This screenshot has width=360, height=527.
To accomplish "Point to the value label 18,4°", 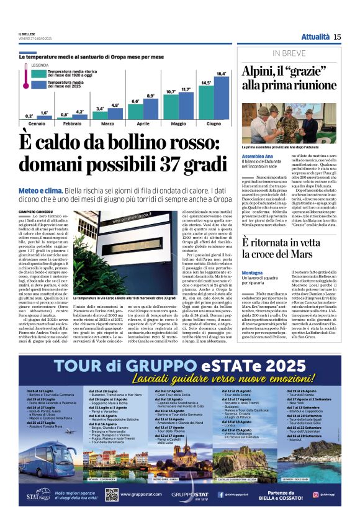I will point(220,74).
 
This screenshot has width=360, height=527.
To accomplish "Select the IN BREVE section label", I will point(287,53).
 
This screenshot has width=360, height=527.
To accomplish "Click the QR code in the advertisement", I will point(112,494).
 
